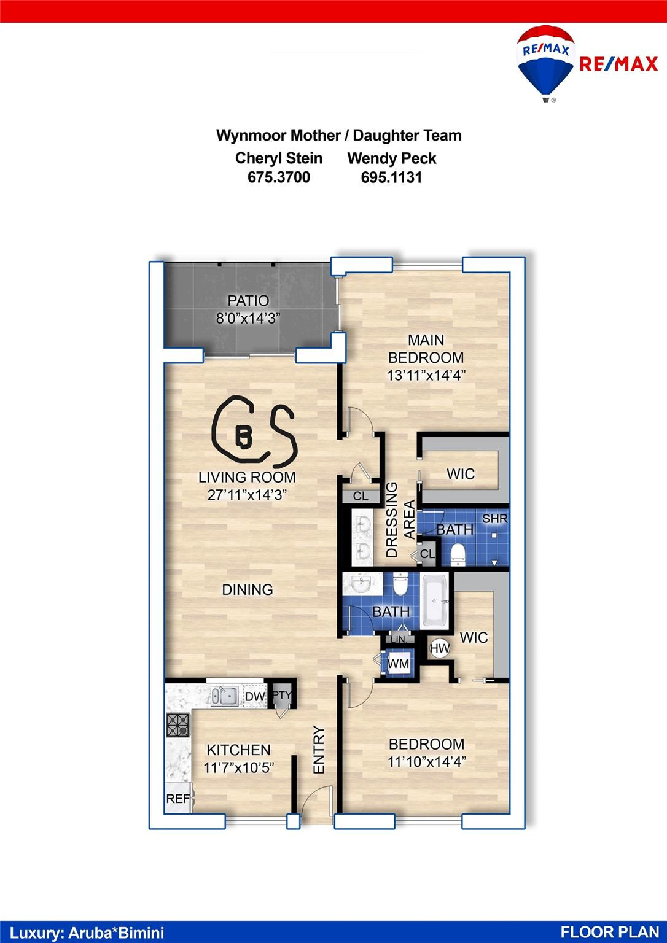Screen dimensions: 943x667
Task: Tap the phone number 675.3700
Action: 278,177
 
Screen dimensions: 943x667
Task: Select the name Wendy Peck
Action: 391,158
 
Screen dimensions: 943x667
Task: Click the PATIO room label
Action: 248,301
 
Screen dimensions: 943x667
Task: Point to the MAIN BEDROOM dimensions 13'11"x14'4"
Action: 426,375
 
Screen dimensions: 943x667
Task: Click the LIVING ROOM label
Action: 247,477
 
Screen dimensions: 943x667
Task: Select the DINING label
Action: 247,589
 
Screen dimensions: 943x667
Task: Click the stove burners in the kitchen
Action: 178,726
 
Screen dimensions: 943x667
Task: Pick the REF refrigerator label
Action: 178,799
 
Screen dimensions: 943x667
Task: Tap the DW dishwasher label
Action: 254,696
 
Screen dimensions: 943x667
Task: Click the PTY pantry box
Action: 282,696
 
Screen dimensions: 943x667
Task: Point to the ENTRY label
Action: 318,750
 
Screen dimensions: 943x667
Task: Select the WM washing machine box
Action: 398,664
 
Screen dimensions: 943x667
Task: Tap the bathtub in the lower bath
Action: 435,601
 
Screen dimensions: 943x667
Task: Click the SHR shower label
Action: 494,519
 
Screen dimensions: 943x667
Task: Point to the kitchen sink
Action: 225,696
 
